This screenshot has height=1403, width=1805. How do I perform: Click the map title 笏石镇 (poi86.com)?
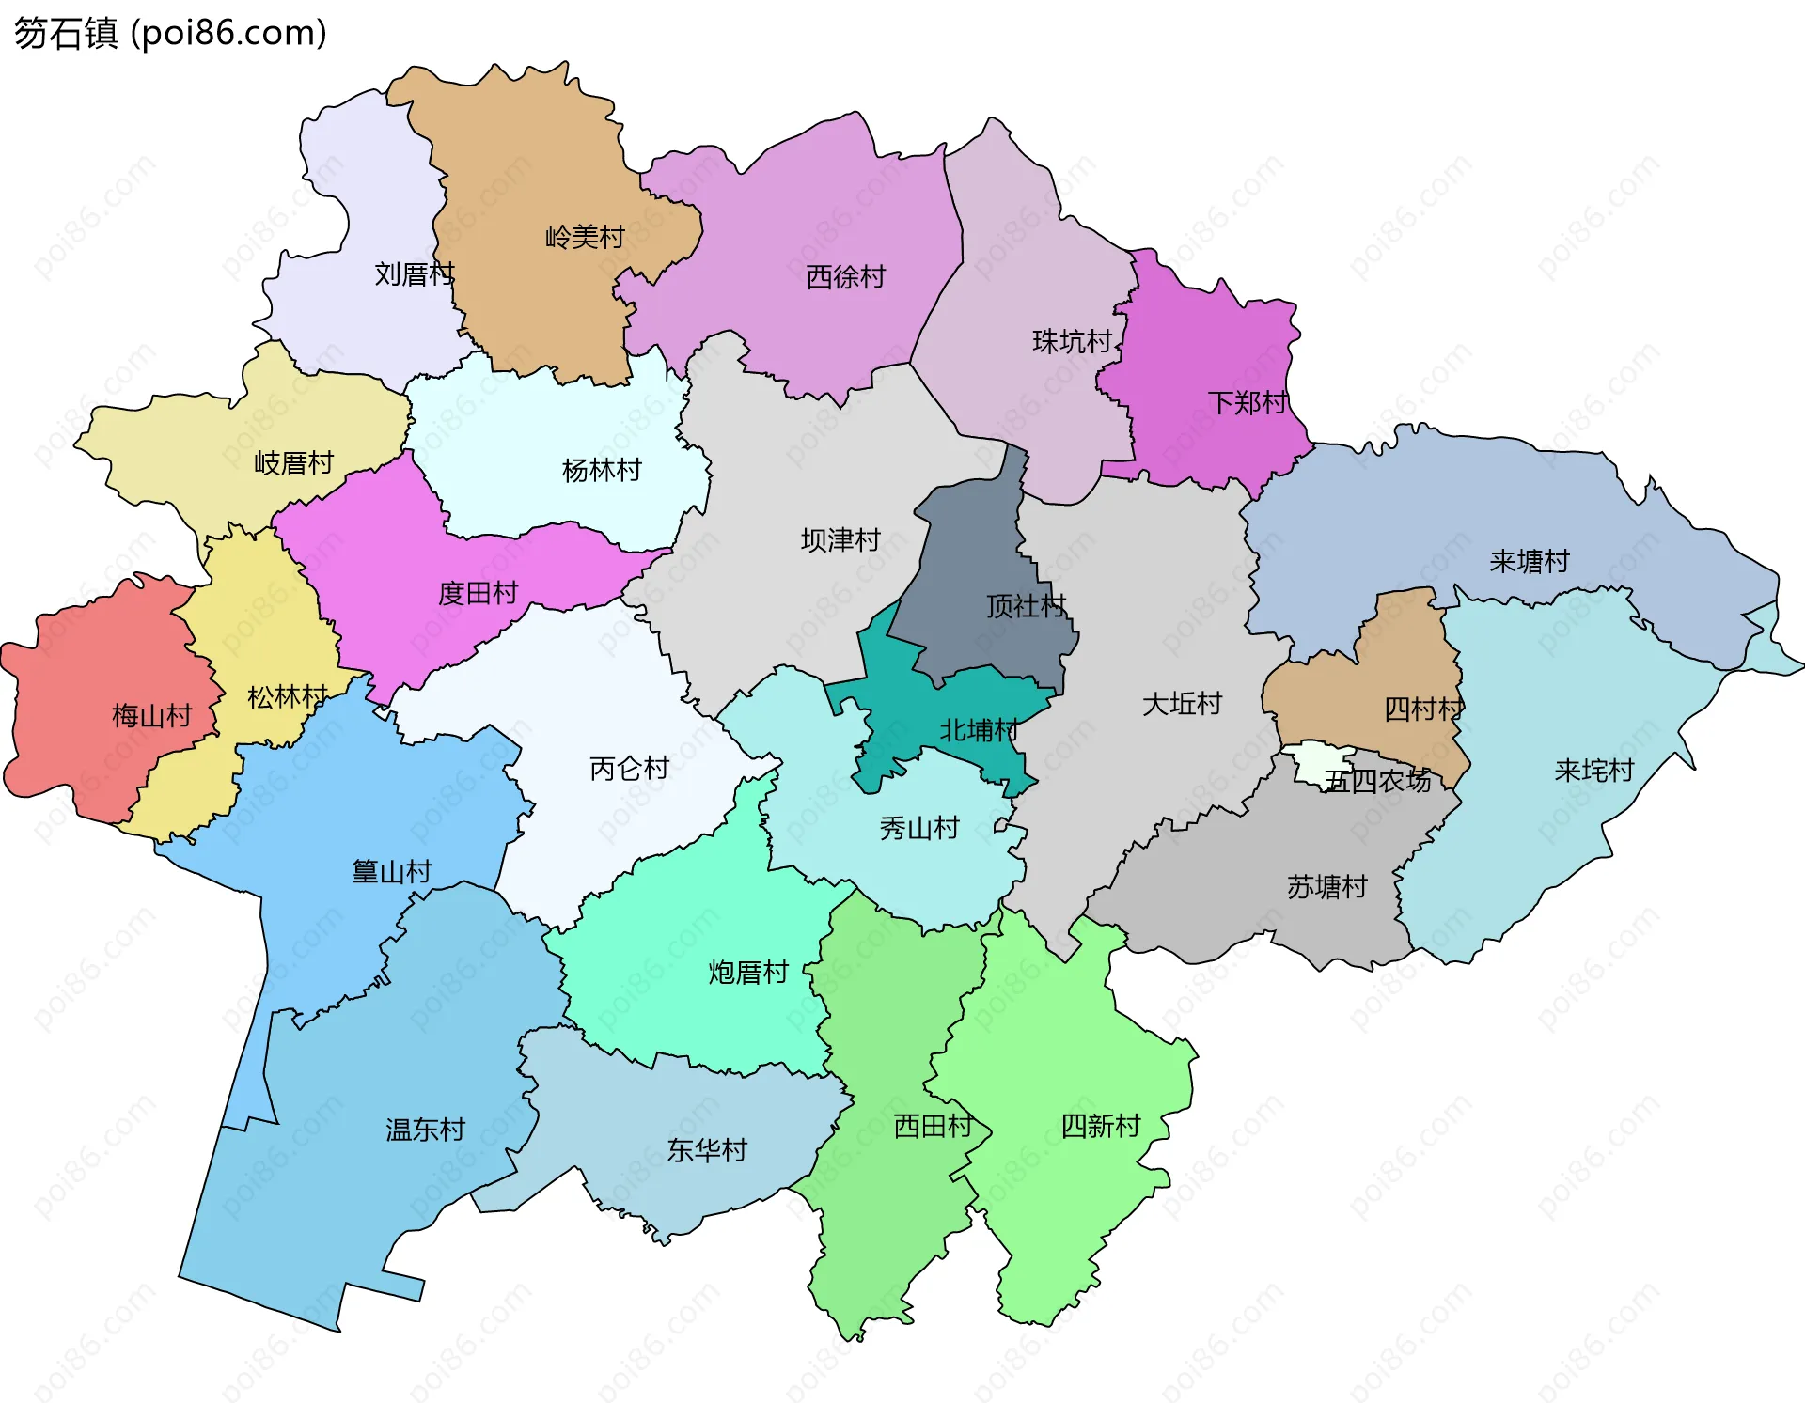click(169, 33)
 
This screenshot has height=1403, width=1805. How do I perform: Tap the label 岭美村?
click(585, 237)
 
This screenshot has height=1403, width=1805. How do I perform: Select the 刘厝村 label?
click(414, 274)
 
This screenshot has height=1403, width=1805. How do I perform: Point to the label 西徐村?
click(845, 277)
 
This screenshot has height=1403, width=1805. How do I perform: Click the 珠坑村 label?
click(1072, 341)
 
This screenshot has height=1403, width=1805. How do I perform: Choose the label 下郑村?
click(1247, 403)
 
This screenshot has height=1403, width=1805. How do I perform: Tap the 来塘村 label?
click(1529, 562)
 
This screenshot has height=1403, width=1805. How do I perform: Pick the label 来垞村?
click(1593, 772)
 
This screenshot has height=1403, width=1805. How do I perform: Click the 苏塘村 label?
click(1326, 887)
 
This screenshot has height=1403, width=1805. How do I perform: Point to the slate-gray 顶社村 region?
click(978, 564)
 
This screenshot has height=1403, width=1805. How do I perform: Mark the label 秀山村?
click(918, 829)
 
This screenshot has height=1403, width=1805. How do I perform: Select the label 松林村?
click(287, 697)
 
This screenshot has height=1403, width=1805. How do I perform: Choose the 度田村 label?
click(478, 594)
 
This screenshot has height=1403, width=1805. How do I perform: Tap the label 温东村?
click(425, 1130)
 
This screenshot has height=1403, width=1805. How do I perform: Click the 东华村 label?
click(706, 1150)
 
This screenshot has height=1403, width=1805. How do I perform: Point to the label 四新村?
click(1100, 1126)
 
